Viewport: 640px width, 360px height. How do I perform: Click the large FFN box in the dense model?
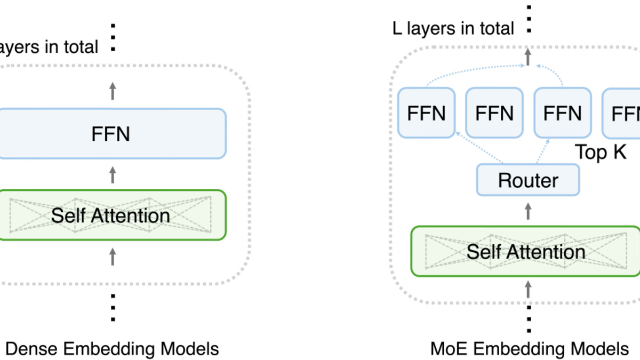[x=111, y=134]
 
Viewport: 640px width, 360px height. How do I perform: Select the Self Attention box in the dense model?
[x=111, y=215]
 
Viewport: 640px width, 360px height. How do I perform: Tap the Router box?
[x=528, y=180]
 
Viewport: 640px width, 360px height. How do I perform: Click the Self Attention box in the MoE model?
[x=526, y=251]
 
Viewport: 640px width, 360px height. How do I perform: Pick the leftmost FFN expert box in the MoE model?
[x=426, y=113]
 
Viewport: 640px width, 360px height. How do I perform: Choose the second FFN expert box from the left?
[x=494, y=113]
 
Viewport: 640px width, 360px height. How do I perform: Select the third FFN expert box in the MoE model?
[x=562, y=113]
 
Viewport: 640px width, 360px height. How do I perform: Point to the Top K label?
[x=600, y=153]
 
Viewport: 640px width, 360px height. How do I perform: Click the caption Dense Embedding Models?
[x=111, y=349]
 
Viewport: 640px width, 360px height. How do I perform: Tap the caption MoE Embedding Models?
[x=529, y=349]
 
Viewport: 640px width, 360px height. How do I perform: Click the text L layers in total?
[x=453, y=28]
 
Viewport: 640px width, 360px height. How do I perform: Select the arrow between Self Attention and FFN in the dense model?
[x=112, y=174]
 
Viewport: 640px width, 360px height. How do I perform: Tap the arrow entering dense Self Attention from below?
[x=112, y=257]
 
